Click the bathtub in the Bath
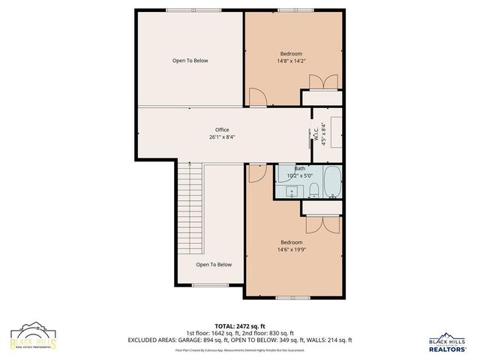click(x=332, y=182)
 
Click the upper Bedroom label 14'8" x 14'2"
click(x=292, y=58)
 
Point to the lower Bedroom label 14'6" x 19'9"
click(x=292, y=247)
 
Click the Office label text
click(x=221, y=133)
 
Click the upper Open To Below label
click(x=190, y=61)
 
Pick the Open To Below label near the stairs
click(x=214, y=265)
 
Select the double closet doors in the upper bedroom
click(x=321, y=82)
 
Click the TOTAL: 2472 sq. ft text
click(x=240, y=325)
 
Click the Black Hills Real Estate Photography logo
click(x=33, y=337)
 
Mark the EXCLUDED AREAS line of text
click(x=240, y=340)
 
